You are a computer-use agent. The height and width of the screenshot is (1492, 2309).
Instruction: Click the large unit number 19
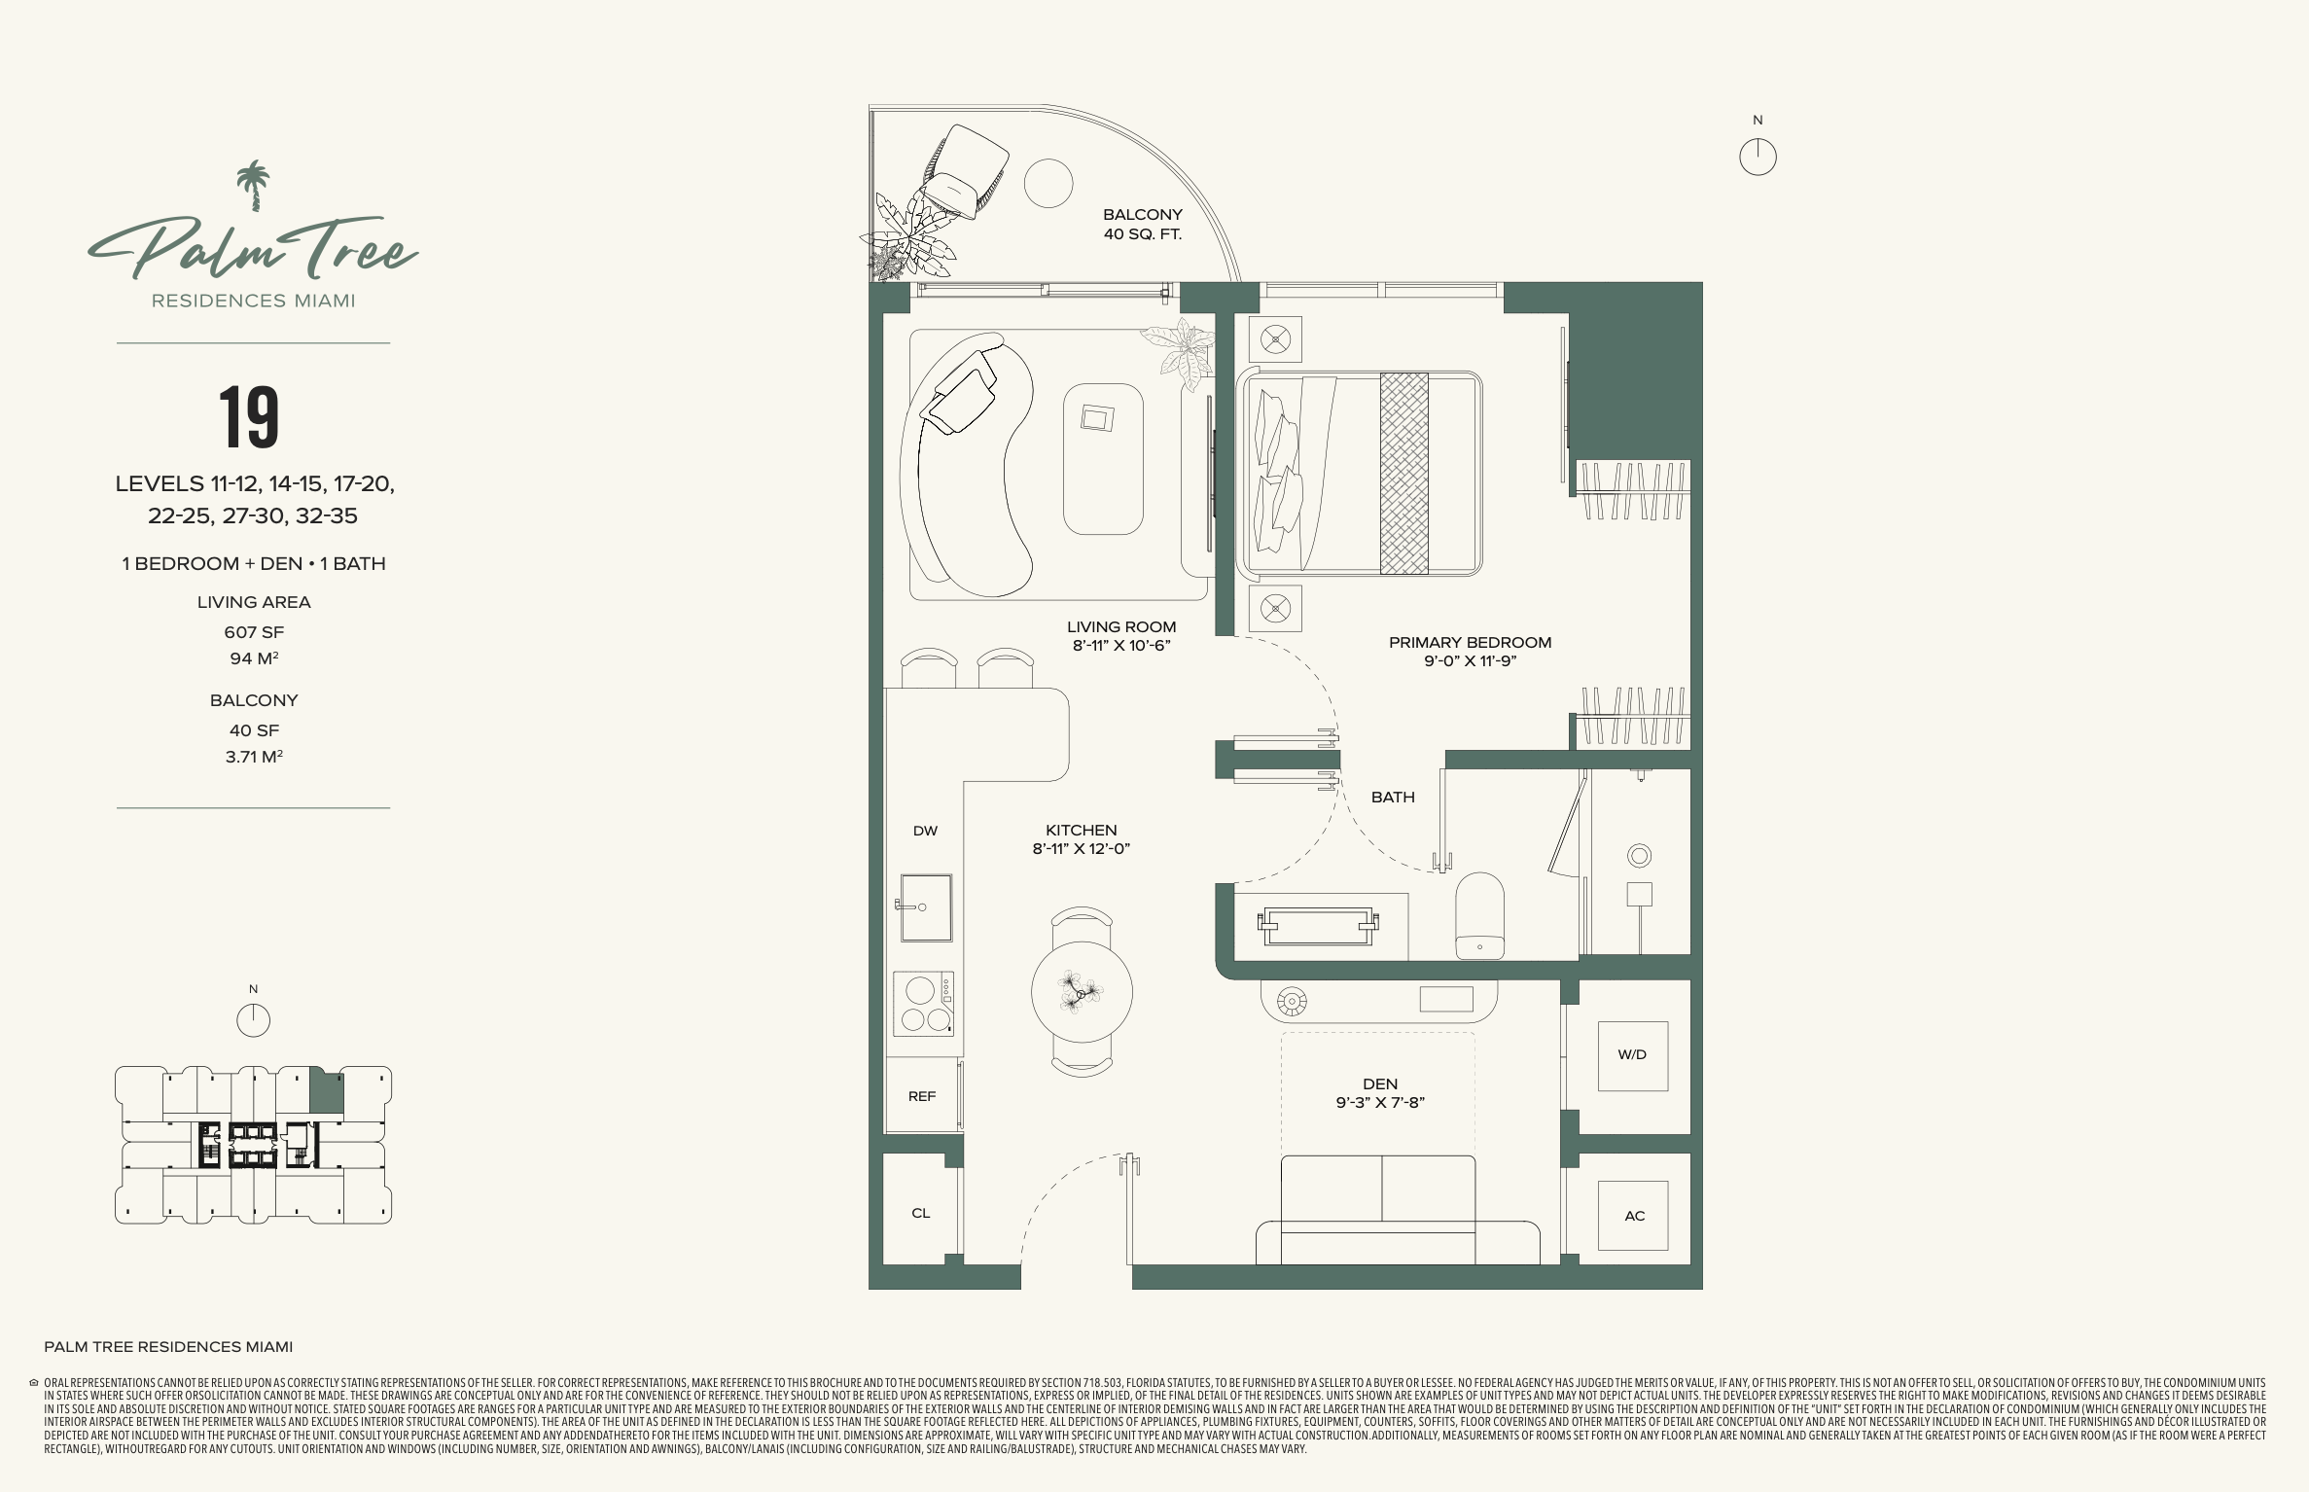(249, 417)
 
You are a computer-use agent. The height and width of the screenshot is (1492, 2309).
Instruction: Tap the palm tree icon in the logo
(253, 185)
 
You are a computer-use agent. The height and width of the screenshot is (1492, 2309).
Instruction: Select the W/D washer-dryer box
(1633, 1055)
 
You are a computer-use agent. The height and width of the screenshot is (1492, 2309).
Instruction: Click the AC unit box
(1633, 1216)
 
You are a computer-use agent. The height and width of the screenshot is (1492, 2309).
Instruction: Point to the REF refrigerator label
(922, 1096)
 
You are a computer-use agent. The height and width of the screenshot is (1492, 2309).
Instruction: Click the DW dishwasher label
(925, 831)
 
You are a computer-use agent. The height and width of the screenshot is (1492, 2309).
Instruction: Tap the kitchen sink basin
(925, 907)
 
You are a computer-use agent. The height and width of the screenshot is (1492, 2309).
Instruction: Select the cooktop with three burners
(923, 1004)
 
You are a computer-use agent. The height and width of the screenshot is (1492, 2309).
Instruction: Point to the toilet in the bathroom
(1479, 915)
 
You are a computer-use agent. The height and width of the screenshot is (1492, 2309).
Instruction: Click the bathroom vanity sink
(1320, 926)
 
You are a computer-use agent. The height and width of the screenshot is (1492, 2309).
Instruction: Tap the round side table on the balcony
(1048, 183)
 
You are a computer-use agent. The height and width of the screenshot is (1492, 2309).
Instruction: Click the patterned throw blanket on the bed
(1404, 473)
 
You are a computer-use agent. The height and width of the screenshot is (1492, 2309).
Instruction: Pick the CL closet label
(921, 1213)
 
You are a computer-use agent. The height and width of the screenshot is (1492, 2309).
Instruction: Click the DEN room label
(1380, 1083)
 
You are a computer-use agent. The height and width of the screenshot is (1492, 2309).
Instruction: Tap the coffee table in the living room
(1103, 459)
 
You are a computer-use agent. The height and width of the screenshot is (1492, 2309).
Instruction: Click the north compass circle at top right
(1758, 157)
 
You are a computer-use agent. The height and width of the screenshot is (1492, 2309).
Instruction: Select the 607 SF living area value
(254, 632)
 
